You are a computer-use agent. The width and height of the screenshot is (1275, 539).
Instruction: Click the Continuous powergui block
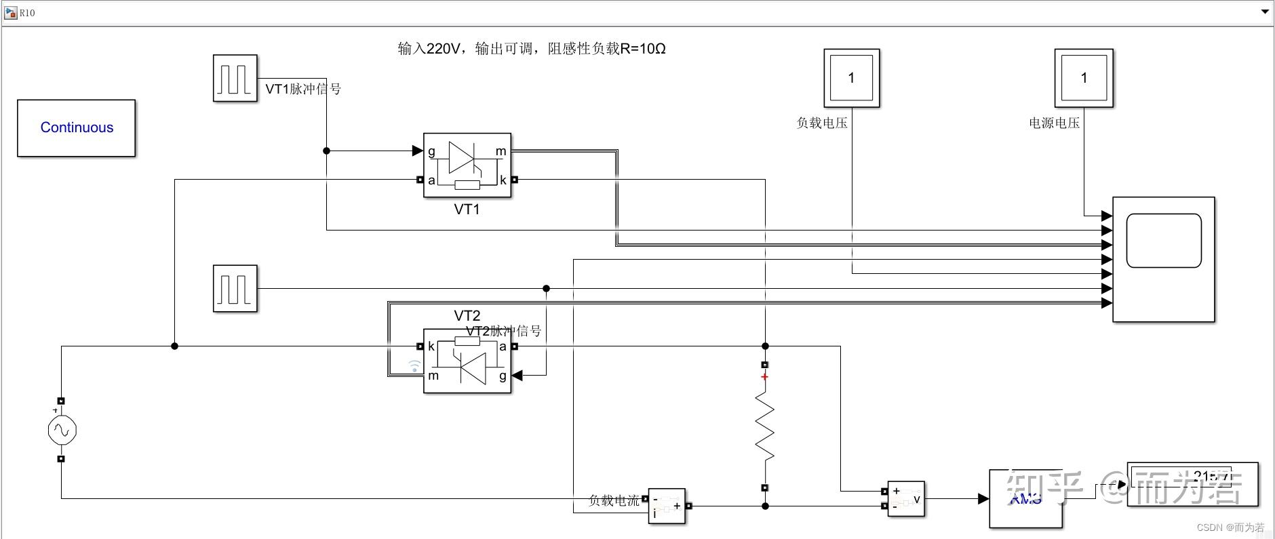coord(76,128)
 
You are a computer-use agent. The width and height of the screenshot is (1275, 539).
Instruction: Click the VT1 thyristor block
coord(467,165)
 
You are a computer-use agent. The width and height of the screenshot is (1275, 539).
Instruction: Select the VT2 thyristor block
coord(467,361)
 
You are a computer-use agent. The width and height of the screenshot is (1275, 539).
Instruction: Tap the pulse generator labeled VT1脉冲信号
coord(235,79)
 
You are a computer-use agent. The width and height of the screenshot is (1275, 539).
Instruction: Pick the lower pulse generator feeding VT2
coord(235,288)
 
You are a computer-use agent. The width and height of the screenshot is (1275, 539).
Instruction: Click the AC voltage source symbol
coord(62,431)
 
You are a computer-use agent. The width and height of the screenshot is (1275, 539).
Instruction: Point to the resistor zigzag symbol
coord(765,427)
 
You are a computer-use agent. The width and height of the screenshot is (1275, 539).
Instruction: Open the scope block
coord(1163,259)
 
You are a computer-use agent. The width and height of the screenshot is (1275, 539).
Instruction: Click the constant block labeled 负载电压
coord(851,78)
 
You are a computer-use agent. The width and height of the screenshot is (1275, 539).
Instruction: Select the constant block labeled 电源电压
coord(1083,78)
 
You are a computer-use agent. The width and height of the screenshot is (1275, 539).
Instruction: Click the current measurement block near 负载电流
coord(667,506)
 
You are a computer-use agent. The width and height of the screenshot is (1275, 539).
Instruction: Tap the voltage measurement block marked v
coord(905,499)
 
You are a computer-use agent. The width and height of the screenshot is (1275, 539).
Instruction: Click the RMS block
coord(1025,499)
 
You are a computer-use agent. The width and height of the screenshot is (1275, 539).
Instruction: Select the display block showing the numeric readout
coord(1192,484)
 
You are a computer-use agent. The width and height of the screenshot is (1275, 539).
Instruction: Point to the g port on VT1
coord(431,151)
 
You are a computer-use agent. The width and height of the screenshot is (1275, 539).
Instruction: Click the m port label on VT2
coord(433,376)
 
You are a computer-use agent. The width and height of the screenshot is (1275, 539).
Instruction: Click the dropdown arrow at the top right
coord(1265,12)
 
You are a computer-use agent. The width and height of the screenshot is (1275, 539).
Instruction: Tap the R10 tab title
coord(26,13)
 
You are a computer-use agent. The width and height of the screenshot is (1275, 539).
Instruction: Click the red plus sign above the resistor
coord(765,377)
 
